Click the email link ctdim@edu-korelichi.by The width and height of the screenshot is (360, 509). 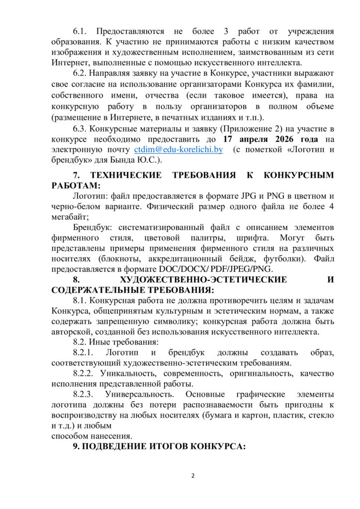178,149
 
